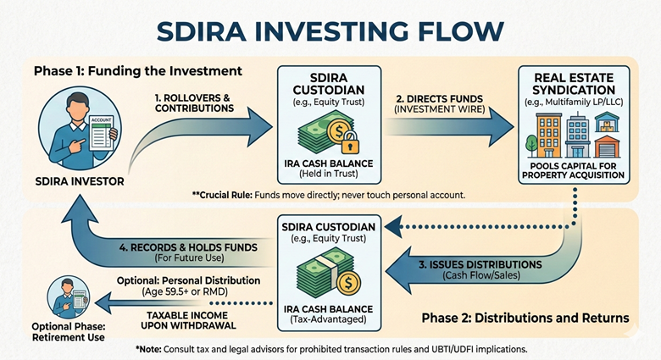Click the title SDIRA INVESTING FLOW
click(330, 31)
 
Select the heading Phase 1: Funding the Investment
click(138, 70)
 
